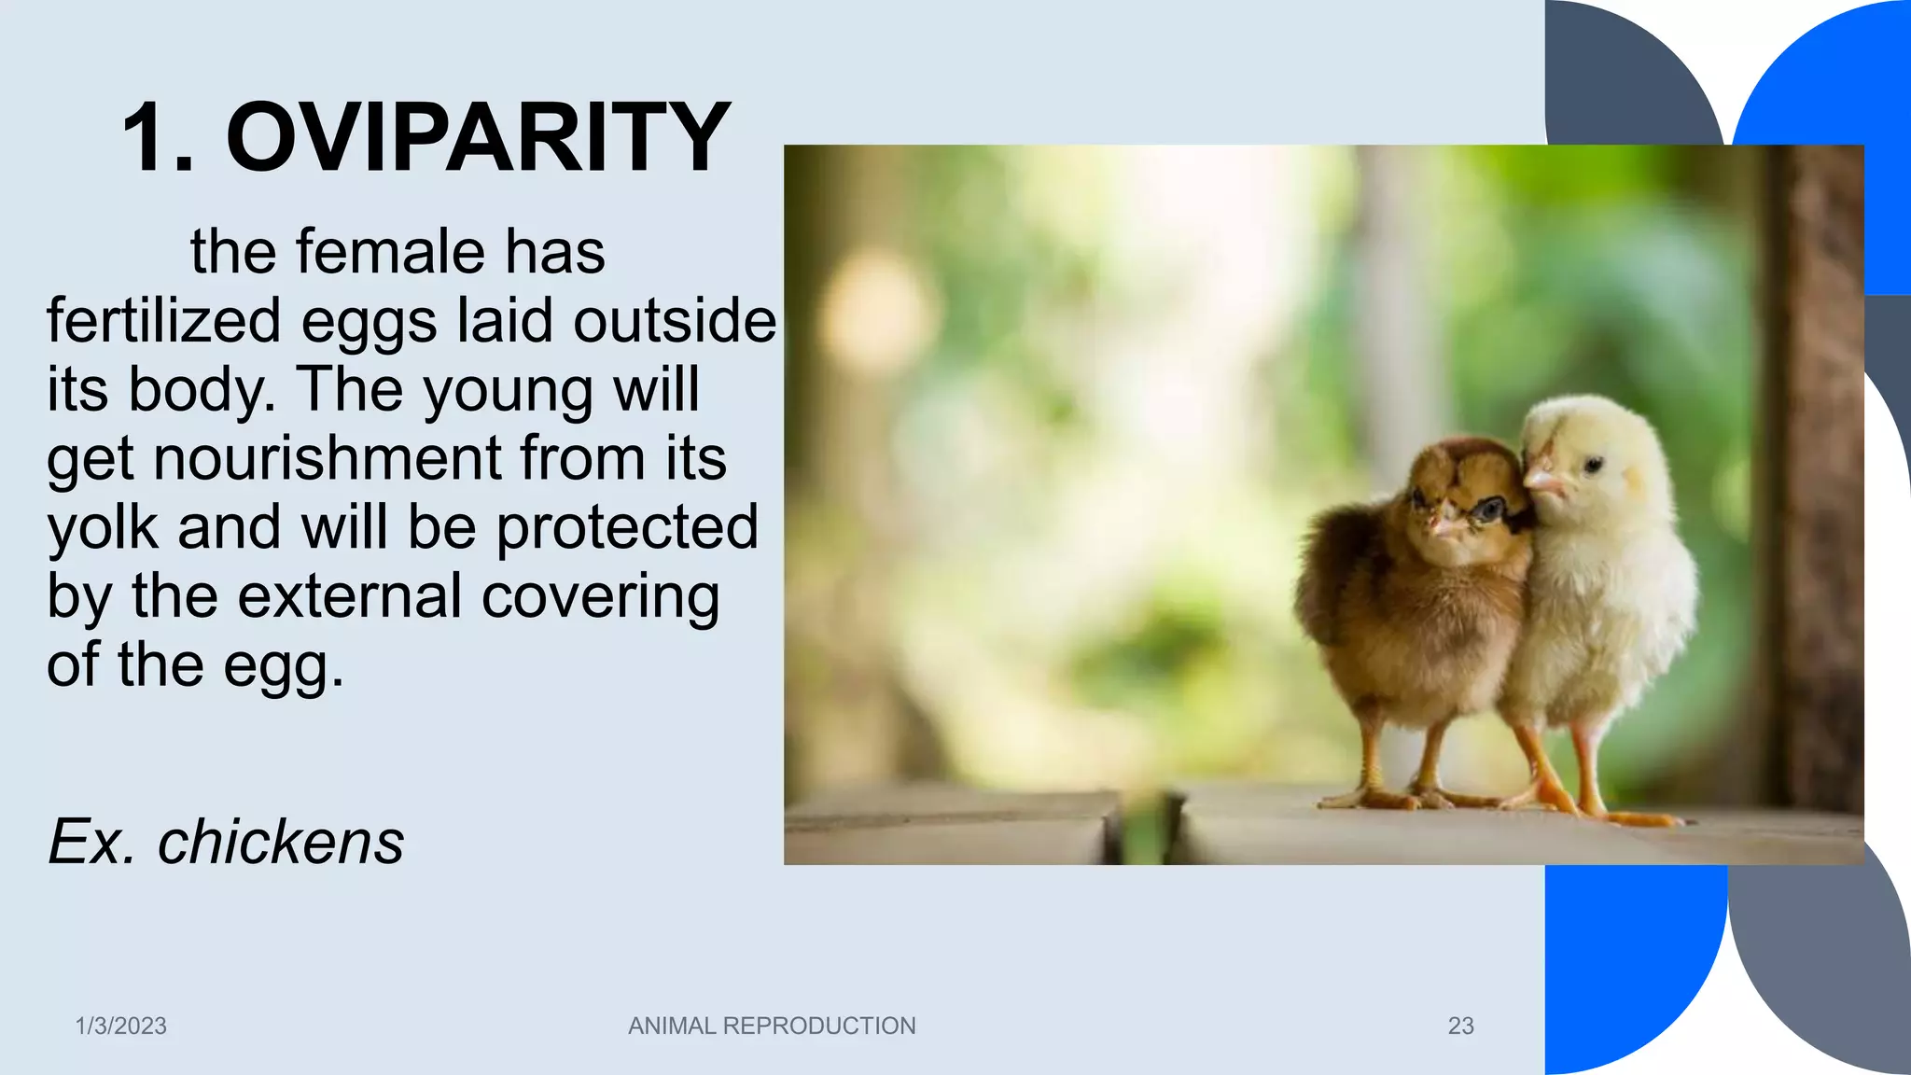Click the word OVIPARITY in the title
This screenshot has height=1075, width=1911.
coord(478,138)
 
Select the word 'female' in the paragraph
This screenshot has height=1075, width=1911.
coord(391,252)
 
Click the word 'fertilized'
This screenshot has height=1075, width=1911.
coord(163,320)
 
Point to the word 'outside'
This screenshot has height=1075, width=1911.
coord(674,320)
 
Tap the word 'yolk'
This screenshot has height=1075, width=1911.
coord(103,527)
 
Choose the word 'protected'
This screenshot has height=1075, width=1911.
coord(627,527)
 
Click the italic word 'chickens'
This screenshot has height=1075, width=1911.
coord(280,842)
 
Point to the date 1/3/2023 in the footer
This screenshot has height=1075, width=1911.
coord(120,1026)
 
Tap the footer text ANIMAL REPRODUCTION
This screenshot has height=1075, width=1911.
coord(772,1026)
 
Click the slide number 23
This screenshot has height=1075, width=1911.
coord(1460,1026)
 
